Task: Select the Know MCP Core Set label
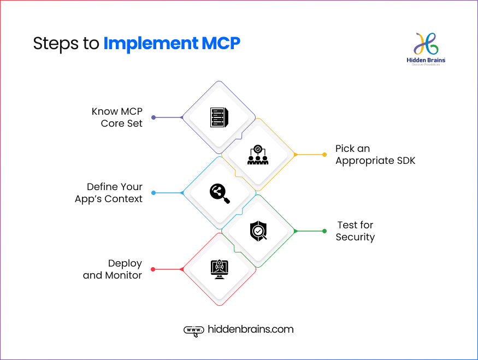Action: click(x=117, y=117)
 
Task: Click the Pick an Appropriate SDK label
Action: click(x=375, y=155)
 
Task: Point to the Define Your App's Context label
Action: click(x=109, y=193)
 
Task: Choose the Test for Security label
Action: click(x=355, y=231)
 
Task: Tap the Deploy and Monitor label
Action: click(x=113, y=269)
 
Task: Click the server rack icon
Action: click(x=219, y=117)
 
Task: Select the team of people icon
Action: click(x=257, y=155)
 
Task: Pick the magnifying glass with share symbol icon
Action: click(x=219, y=193)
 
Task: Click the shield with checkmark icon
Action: click(x=258, y=231)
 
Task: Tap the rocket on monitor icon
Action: click(x=219, y=269)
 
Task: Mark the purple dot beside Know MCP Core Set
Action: click(x=154, y=117)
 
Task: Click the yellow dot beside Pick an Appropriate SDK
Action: click(x=295, y=155)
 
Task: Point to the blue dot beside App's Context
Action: click(x=154, y=193)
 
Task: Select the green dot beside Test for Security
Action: click(x=295, y=231)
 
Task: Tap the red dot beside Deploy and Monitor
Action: click(x=153, y=269)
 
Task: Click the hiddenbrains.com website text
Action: click(x=251, y=329)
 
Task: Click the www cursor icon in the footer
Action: click(x=193, y=330)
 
